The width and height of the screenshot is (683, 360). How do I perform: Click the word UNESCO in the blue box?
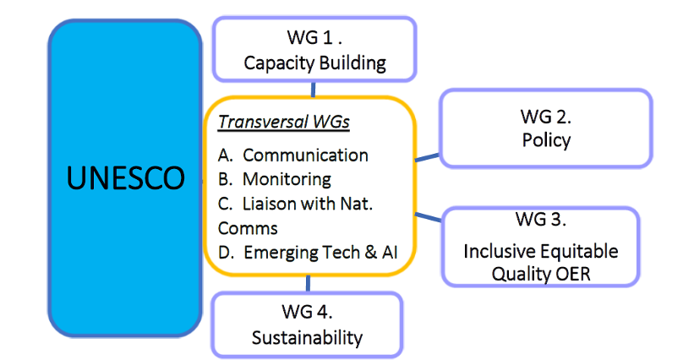125,177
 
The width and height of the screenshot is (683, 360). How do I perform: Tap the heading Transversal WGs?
283,122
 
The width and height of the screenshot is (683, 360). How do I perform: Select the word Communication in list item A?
305,155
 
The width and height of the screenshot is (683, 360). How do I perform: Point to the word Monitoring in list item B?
287,179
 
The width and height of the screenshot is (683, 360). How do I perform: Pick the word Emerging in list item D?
279,253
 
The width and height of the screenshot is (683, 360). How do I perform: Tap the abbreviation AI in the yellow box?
390,253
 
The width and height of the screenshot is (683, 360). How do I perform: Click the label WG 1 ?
314,37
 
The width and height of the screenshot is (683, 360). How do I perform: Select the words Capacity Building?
314,63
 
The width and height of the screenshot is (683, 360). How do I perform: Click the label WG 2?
546,117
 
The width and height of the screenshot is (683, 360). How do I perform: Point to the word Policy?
546,140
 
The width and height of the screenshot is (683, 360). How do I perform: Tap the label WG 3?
540,219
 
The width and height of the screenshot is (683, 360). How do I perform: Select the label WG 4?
307,312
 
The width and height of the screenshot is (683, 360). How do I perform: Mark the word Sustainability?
307,338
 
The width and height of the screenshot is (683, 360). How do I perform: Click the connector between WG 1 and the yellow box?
313,90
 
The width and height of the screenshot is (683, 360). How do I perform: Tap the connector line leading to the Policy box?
428,157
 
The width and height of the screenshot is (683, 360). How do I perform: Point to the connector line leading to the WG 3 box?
428,217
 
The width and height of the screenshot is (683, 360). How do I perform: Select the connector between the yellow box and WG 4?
308,283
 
